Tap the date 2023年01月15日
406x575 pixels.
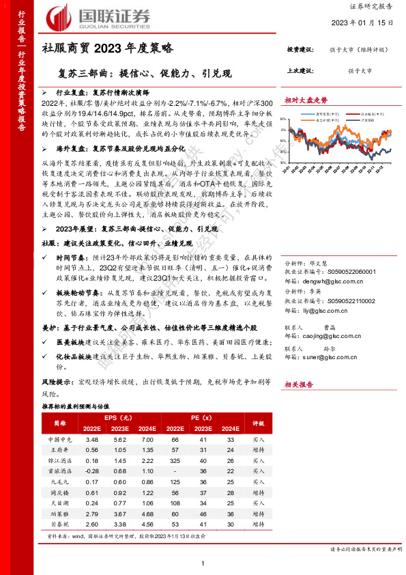(x=366, y=23)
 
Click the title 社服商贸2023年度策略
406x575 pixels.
(x=108, y=48)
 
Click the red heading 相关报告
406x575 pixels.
(x=299, y=385)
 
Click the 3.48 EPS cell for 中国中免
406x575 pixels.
(x=93, y=440)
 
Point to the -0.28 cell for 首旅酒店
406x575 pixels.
(x=93, y=471)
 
